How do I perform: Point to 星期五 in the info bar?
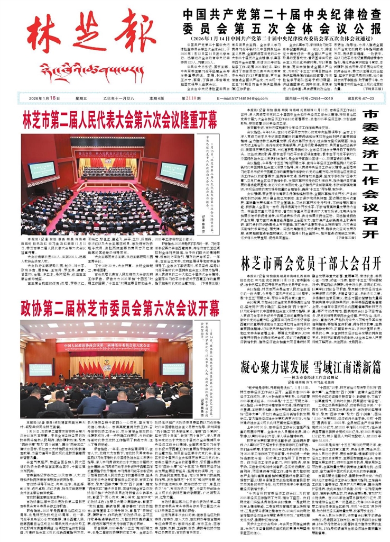(x=80, y=98)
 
